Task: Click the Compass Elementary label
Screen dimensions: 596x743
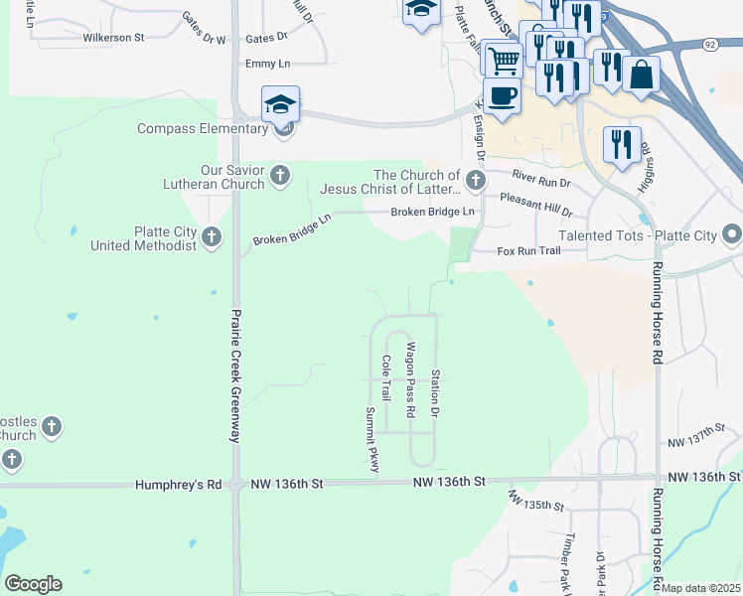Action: point(202,129)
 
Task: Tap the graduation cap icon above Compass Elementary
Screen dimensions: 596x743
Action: point(281,103)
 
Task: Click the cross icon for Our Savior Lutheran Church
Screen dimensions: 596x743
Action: point(280,176)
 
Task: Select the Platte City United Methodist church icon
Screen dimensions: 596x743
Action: point(211,236)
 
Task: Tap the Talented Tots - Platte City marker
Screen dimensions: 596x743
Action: point(733,235)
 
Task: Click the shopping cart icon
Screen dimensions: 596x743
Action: point(504,59)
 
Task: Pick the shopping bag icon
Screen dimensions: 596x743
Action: point(642,74)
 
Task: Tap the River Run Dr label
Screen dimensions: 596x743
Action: point(541,179)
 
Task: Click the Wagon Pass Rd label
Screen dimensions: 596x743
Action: point(410,372)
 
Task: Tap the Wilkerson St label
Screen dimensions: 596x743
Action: point(114,38)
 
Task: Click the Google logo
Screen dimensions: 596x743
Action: point(33,584)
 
